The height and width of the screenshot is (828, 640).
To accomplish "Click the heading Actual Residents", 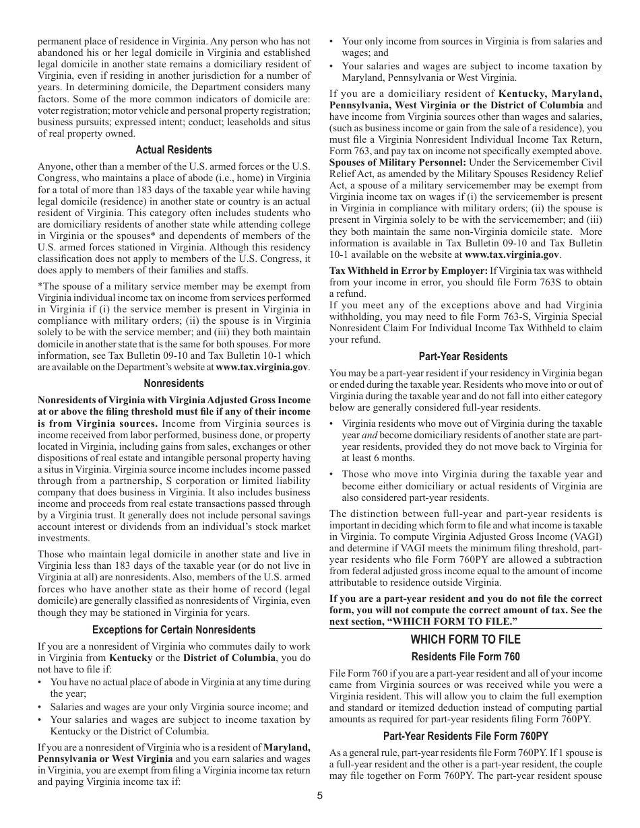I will [174, 150].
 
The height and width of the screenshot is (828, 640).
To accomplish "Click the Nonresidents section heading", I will [174, 384].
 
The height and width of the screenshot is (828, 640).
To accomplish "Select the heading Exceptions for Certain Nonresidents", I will [174, 630].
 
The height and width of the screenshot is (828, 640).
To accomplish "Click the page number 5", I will [320, 795].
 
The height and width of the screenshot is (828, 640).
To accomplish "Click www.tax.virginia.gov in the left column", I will [262, 368].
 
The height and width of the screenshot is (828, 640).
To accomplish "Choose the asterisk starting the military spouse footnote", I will [39, 287].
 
